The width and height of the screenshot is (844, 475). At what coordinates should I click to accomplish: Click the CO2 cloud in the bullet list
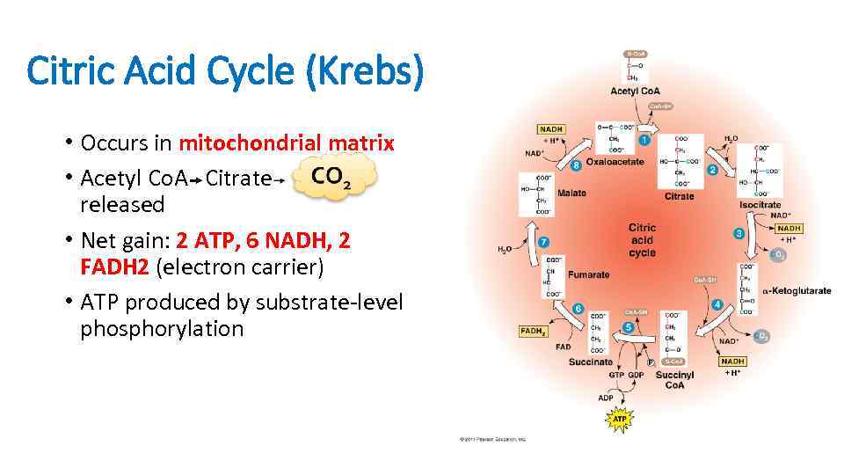coord(331,177)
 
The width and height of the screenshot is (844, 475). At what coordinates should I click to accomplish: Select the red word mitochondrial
coord(250,142)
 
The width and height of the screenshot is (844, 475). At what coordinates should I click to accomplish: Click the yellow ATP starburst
coord(620,420)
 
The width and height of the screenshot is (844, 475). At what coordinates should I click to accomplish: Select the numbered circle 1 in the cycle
coord(644,140)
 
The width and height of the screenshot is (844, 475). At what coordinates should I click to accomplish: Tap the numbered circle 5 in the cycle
coord(629,327)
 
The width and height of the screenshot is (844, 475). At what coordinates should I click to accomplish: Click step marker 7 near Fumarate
coord(544,241)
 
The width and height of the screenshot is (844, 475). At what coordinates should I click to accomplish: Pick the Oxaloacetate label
coord(615,162)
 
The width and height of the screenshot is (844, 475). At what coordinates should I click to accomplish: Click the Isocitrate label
coord(760,204)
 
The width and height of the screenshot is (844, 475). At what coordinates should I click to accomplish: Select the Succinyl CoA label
coord(674,379)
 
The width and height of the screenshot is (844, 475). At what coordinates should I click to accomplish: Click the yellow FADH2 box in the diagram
coord(534,332)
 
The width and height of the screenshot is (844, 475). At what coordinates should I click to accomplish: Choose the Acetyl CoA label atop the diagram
coord(636,91)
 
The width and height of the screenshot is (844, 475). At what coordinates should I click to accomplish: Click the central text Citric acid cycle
coord(643,240)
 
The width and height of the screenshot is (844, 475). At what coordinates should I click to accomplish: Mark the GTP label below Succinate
coord(616,375)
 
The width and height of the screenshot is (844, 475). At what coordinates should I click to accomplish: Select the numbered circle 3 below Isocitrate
coord(738,233)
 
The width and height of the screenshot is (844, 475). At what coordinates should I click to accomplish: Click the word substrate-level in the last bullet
coord(328,303)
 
